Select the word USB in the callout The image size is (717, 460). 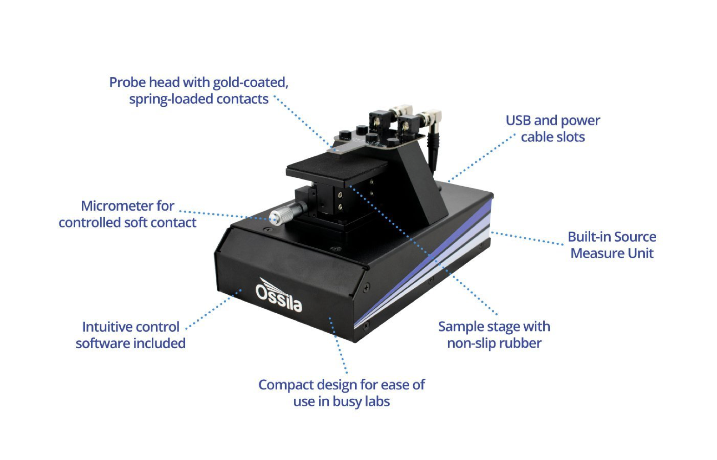click(x=518, y=121)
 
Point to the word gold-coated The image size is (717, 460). click(x=251, y=83)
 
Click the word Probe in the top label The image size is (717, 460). click(x=128, y=83)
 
